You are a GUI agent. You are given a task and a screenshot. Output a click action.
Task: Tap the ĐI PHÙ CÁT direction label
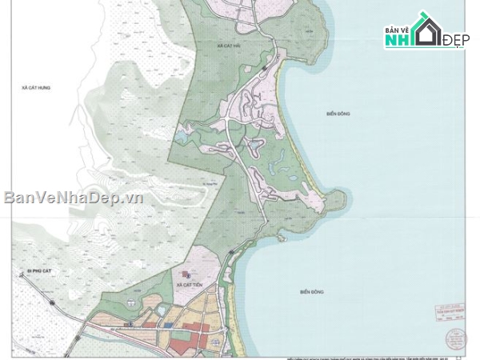tap(20, 272)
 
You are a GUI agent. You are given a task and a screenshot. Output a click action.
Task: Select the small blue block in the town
tap(169, 324)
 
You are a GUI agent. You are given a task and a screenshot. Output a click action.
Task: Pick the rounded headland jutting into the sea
tap(336, 200)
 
